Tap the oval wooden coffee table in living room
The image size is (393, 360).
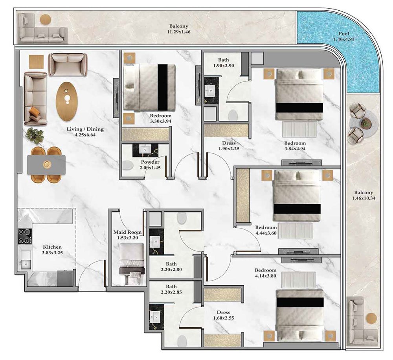click(67, 101)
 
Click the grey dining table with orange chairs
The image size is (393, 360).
click(46, 164)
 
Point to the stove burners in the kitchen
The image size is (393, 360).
click(24, 236)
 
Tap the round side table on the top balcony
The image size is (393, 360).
click(46, 19)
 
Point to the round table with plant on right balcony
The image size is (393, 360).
click(366, 124)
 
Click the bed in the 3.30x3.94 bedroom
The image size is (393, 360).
click(149, 87)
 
